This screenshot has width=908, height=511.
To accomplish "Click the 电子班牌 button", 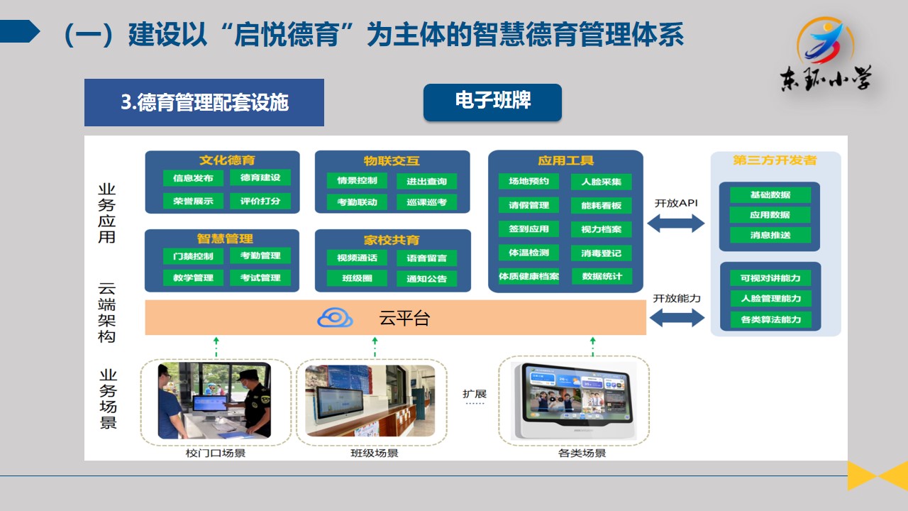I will tap(492, 101).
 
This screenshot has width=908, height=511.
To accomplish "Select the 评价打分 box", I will tap(260, 201).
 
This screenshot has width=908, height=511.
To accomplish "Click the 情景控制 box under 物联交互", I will tap(357, 180).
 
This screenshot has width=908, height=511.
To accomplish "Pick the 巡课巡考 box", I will tap(427, 202).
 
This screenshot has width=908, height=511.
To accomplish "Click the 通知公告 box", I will tap(427, 279).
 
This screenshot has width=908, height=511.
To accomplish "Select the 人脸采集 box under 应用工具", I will tap(601, 182).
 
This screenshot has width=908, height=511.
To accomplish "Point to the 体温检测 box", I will tap(528, 253).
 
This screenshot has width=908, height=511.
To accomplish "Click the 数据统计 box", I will tap(601, 276).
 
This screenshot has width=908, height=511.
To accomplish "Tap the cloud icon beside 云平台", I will tap(335, 318).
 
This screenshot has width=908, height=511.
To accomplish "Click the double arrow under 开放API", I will tap(675, 224).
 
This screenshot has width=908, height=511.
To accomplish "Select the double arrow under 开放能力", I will tap(675, 319).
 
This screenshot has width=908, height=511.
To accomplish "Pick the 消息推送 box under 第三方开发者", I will tap(770, 235).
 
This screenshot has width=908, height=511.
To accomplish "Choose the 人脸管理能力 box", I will tap(770, 298).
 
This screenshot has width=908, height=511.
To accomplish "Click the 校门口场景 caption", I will tap(215, 453).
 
